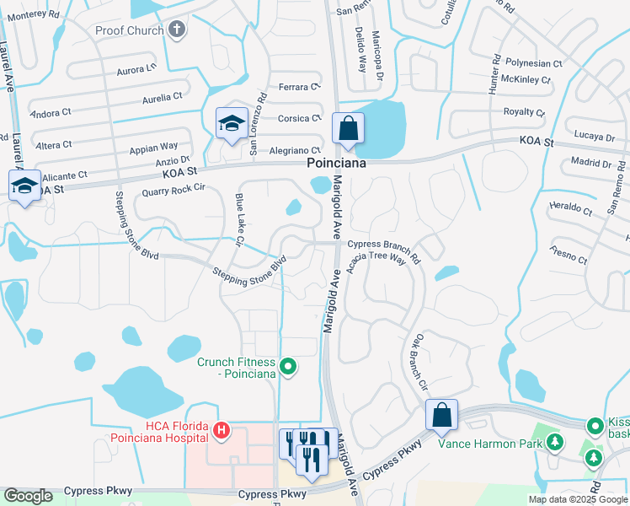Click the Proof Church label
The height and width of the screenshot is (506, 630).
coord(129,30)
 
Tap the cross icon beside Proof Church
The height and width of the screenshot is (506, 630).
coord(176,30)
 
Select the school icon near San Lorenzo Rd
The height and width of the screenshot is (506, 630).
coord(230,124)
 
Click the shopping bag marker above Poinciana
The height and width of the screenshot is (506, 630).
coord(347,129)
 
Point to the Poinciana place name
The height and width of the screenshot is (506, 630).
coord(336,164)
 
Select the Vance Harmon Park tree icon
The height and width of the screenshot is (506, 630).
coord(553,440)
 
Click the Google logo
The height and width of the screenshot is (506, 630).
coord(28,496)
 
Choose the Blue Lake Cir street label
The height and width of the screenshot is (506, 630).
coord(239,220)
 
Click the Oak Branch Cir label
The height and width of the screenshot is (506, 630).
coord(419,363)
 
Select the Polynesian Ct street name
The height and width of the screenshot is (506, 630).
coord(533,63)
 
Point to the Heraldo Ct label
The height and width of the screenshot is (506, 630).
coord(566,207)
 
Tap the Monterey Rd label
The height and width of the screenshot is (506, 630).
coord(34,14)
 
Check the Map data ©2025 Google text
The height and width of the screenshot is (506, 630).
coord(577,499)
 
